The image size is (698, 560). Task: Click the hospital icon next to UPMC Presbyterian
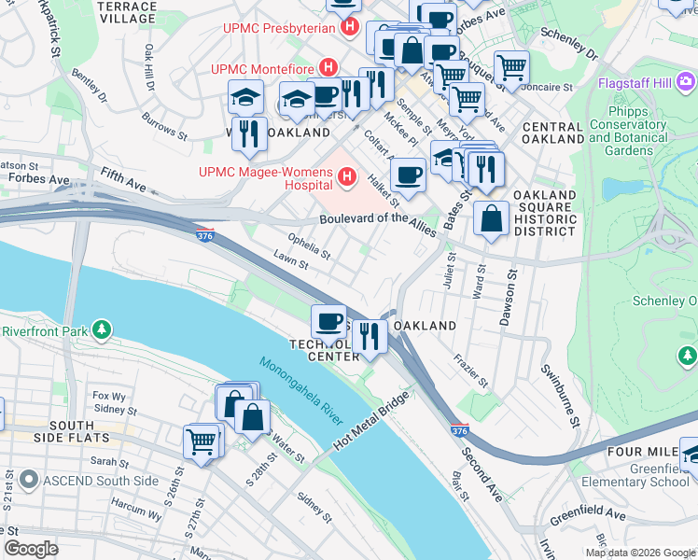pos(350,27)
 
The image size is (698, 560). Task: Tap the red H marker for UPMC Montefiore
pos(328,68)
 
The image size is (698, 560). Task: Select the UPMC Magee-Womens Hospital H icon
pos(347,175)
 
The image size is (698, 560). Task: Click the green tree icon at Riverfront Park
pos(102,329)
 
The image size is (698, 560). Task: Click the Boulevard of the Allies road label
pos(378,219)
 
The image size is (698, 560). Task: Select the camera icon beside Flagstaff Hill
pos(686,80)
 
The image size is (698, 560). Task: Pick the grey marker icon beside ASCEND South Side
pos(28,480)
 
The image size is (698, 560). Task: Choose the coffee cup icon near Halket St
pos(407,174)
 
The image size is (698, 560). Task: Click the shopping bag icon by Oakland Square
pos(491,219)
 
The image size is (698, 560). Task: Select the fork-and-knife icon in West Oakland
pos(249,133)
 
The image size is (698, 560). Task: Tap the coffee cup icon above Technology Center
pos(328,322)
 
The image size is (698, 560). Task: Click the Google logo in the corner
pos(31,548)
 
